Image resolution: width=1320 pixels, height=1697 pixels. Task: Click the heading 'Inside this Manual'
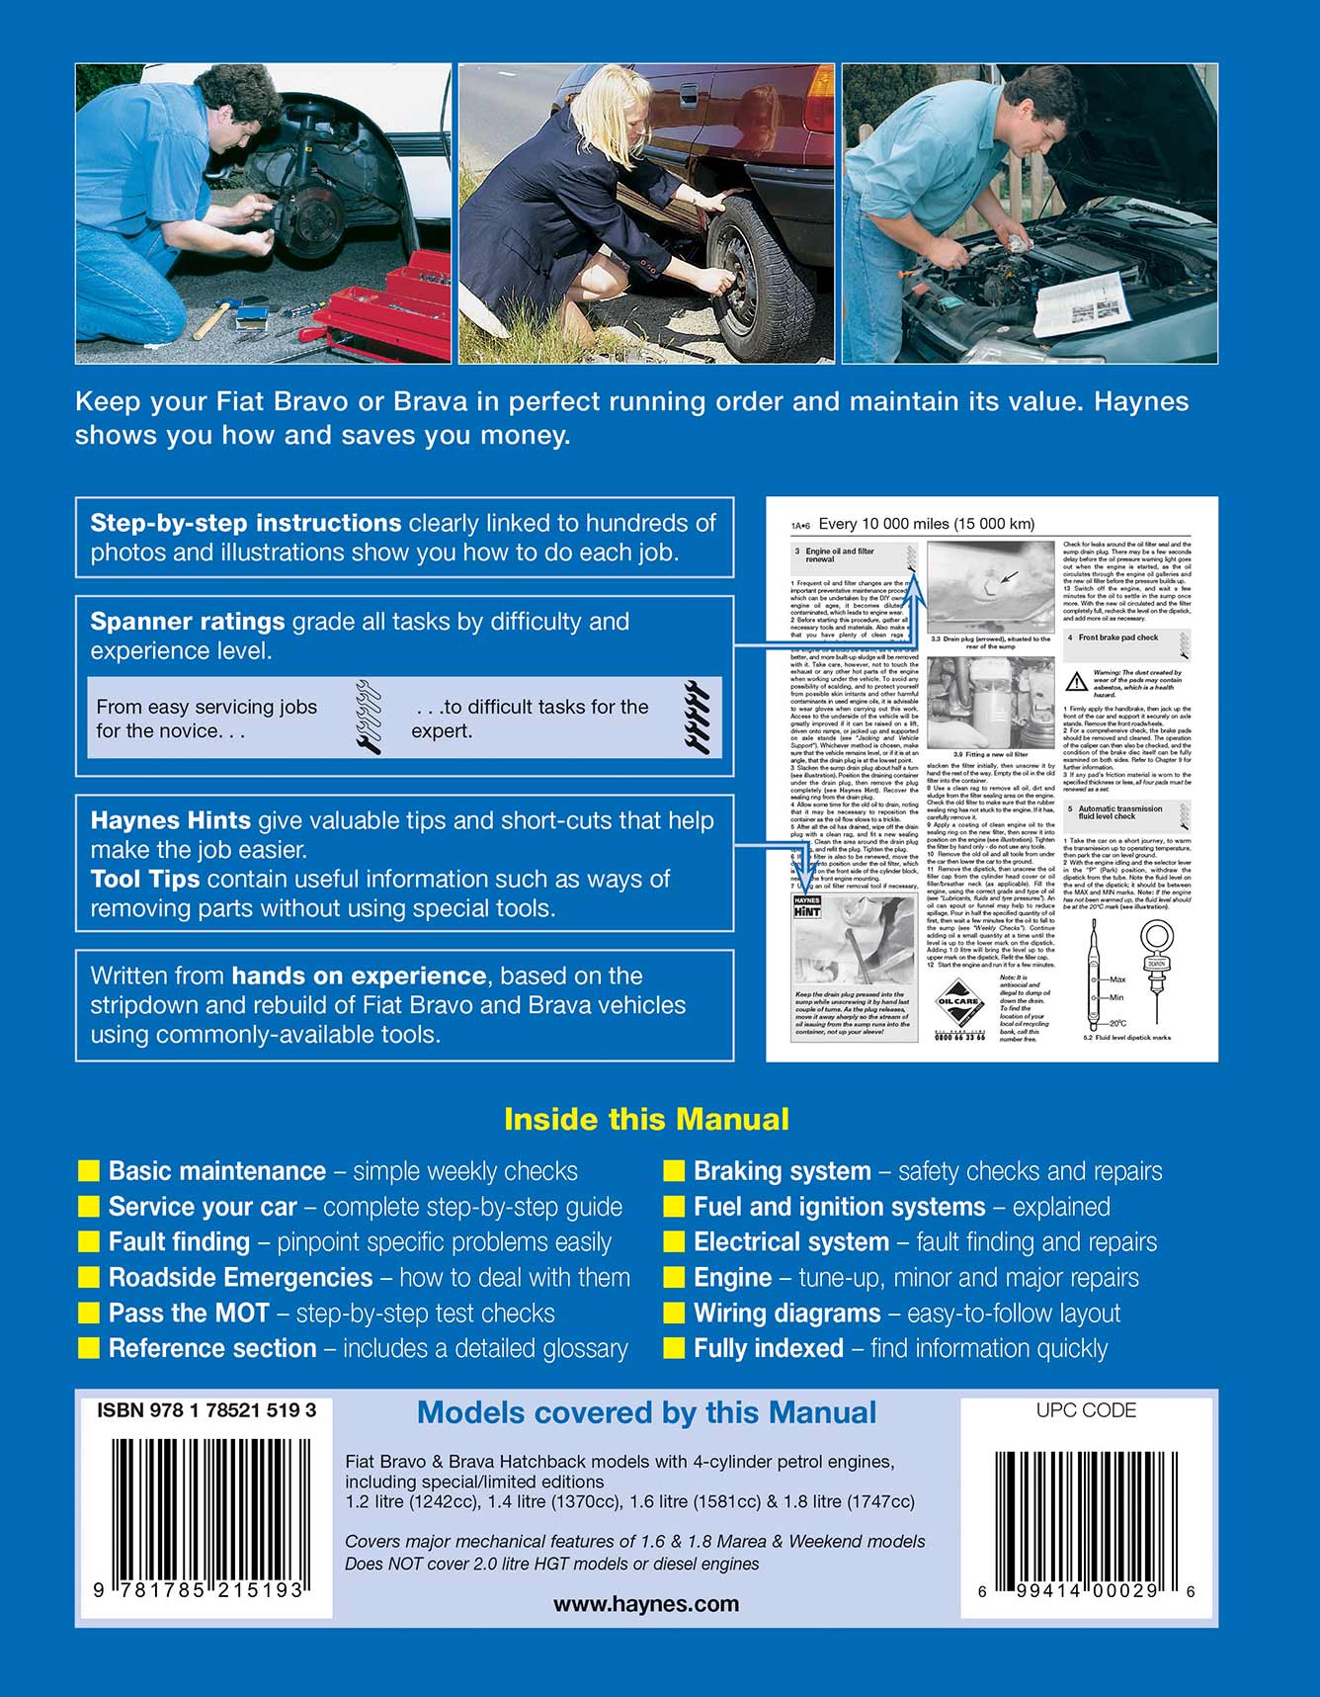(646, 1119)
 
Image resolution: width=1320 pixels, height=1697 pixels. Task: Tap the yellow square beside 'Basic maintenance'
(89, 1171)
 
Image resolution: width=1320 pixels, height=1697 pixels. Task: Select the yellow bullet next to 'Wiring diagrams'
(674, 1314)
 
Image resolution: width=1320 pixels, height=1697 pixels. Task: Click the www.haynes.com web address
(646, 1604)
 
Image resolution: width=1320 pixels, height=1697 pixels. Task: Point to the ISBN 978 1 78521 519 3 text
(206, 1410)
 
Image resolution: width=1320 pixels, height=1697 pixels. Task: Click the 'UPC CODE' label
(1086, 1410)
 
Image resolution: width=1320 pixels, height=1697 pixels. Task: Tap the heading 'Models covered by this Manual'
(646, 1413)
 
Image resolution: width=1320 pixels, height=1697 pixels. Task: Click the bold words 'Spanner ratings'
(188, 622)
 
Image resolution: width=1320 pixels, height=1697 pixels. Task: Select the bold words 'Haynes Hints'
(170, 820)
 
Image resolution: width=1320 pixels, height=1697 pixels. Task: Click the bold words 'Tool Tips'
(144, 879)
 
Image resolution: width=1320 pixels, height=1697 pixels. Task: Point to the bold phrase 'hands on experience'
(359, 976)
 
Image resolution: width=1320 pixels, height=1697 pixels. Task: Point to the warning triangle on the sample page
(1077, 681)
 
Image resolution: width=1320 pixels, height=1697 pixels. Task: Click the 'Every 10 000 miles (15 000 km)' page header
(927, 524)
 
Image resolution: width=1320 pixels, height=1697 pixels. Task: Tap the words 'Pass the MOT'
(189, 1314)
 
